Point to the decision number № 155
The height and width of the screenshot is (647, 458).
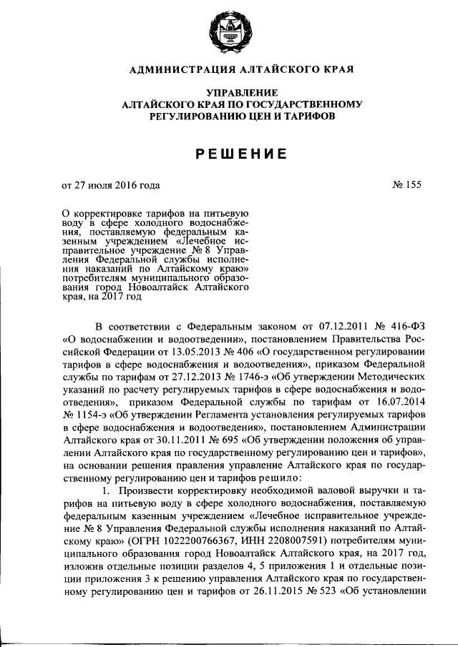[406, 185]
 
